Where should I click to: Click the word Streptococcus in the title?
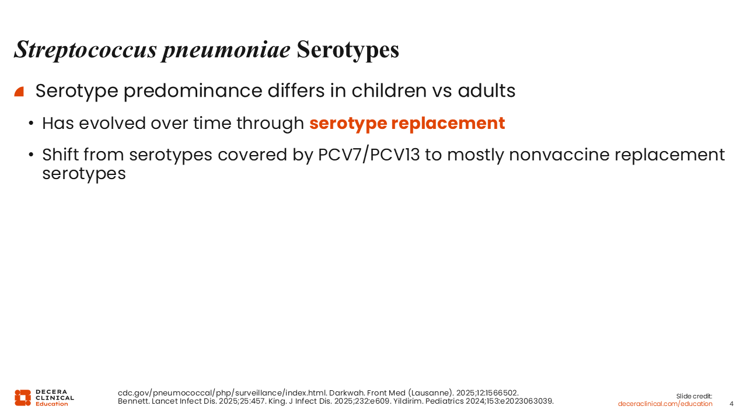(x=85, y=50)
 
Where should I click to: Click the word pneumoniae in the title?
(x=226, y=50)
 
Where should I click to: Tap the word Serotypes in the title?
(x=348, y=50)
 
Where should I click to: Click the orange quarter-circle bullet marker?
(x=19, y=92)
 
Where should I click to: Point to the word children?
(x=389, y=90)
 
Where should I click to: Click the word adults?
(x=487, y=90)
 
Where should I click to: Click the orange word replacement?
(x=448, y=123)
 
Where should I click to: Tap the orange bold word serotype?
(x=348, y=123)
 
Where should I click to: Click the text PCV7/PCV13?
(x=369, y=155)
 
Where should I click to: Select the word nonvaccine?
(x=560, y=155)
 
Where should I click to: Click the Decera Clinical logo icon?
(x=23, y=398)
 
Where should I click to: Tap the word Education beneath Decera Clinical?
(x=52, y=404)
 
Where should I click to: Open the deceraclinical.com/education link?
(x=665, y=404)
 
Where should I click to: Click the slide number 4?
(x=731, y=404)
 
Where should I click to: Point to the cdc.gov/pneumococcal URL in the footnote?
(x=222, y=393)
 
